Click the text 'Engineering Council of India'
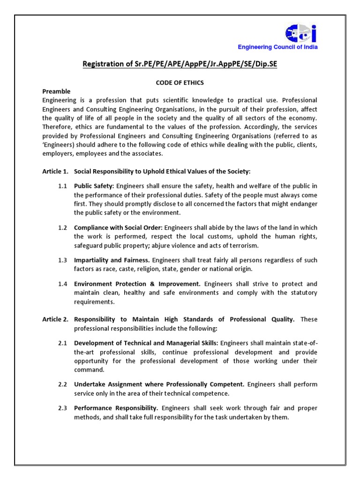tap(278, 47)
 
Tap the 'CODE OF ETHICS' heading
tap(180, 82)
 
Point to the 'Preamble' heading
tap(56, 91)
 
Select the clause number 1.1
tap(63, 186)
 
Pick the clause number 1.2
tap(63, 227)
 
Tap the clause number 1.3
tap(63, 260)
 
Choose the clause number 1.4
tap(63, 284)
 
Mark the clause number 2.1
tap(63, 343)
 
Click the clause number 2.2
tap(63, 384)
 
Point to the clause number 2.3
tap(63, 408)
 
